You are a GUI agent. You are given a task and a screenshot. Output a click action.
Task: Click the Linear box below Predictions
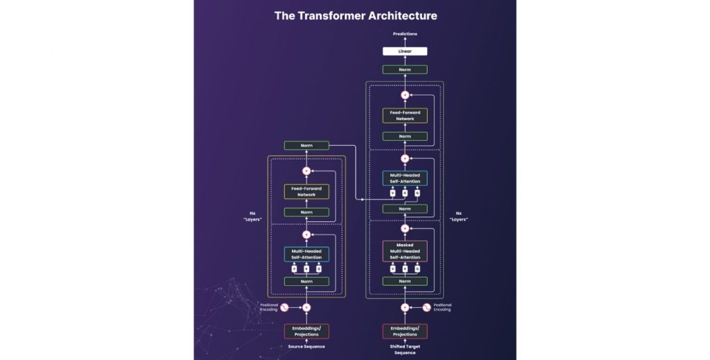[405, 51]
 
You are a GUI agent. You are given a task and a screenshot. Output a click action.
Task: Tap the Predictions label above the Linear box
[405, 33]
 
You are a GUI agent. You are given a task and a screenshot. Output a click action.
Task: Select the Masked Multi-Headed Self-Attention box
[405, 250]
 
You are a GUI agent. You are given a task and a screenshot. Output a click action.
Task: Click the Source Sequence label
[306, 346]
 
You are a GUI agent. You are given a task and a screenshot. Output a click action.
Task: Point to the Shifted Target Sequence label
[405, 349]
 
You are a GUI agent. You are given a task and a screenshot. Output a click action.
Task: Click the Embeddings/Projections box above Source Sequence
[306, 331]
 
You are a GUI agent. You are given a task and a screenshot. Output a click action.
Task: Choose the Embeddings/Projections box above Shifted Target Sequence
[405, 331]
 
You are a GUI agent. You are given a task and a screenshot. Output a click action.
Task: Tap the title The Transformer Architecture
[355, 15]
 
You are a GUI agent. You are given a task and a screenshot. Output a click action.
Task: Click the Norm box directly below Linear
[405, 69]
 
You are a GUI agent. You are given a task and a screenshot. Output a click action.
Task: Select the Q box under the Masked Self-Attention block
[417, 268]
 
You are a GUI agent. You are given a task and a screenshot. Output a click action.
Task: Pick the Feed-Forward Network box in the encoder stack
[306, 191]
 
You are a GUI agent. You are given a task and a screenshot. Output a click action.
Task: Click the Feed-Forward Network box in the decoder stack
[405, 115]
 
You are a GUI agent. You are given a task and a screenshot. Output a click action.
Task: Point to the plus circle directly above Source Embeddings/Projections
[306, 307]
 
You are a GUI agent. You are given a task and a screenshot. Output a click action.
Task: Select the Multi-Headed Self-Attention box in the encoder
[306, 254]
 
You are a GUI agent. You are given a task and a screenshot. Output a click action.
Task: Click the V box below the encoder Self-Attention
[294, 268]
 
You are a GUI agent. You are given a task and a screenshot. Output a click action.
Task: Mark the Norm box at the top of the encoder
[306, 146]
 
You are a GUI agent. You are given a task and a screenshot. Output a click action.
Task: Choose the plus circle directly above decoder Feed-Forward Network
[405, 94]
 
